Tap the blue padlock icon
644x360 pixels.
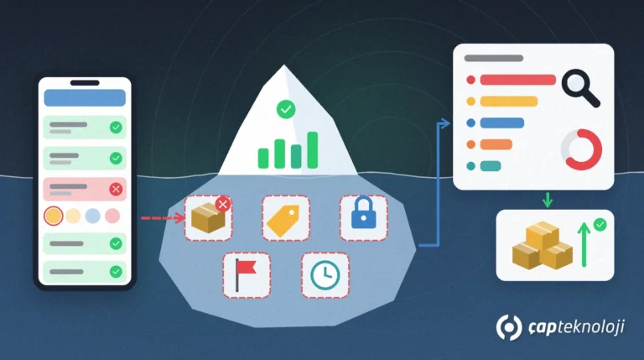[x=363, y=213]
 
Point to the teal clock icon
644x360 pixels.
[x=325, y=275]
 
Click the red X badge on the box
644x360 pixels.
[x=223, y=204]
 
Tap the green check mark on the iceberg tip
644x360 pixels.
[x=286, y=109]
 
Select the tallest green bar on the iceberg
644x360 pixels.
[x=313, y=150]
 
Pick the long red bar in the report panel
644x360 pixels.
[x=518, y=80]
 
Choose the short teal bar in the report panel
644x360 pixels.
[x=491, y=166]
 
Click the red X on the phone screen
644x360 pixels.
[x=116, y=189]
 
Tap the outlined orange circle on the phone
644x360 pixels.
[x=54, y=216]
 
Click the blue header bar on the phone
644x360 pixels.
[x=85, y=98]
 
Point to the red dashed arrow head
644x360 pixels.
[x=179, y=218]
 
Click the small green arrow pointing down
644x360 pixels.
[x=548, y=200]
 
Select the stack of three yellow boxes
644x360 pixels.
[x=543, y=246]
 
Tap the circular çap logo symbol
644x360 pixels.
[x=509, y=327]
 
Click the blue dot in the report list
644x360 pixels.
[x=471, y=123]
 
